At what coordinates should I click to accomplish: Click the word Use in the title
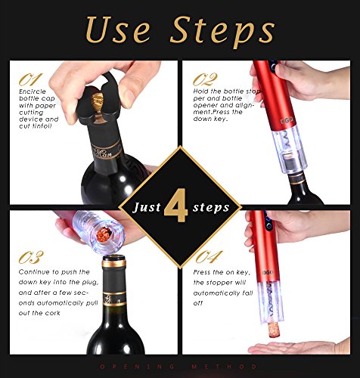(x=117, y=29)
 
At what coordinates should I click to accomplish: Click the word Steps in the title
(x=222, y=32)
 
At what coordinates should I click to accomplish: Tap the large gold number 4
(x=176, y=206)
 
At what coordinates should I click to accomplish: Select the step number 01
(x=30, y=79)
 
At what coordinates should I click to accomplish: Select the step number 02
(x=205, y=79)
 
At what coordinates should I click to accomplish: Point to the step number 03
(x=31, y=257)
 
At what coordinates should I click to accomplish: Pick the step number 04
(x=209, y=257)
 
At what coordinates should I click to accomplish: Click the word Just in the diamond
(x=147, y=207)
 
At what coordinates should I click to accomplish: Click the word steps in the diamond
(x=211, y=208)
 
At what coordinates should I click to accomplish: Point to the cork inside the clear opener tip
(x=104, y=235)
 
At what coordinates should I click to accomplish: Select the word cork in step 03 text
(x=53, y=313)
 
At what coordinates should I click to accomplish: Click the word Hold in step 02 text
(x=201, y=91)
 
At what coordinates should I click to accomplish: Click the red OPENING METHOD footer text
(x=178, y=366)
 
